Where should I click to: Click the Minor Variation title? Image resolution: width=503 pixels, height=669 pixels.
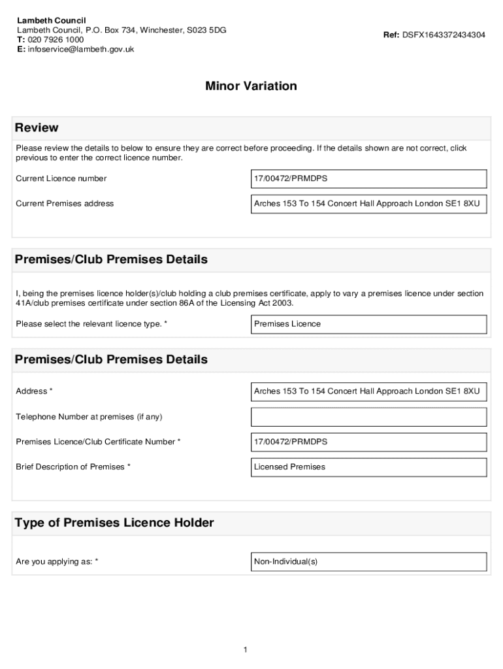(251, 86)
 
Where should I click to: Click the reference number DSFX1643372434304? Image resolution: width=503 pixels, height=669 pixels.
(443, 35)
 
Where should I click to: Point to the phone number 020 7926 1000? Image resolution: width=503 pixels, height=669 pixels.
(56, 39)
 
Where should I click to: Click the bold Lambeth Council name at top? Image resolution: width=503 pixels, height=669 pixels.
(51, 20)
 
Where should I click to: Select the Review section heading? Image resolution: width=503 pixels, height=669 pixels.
(37, 127)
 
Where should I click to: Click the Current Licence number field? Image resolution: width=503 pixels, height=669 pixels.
(368, 178)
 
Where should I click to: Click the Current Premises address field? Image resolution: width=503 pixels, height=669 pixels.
(368, 204)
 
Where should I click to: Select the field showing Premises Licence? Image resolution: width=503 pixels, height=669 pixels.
(368, 324)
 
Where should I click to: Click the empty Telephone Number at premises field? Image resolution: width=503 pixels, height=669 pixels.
(368, 417)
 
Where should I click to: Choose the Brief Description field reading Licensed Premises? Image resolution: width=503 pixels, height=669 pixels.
(368, 467)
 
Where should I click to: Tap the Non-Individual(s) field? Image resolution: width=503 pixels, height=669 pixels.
(368, 562)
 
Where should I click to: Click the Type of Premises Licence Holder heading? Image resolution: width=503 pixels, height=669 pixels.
(114, 523)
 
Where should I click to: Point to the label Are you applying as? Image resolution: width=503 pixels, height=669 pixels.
(57, 562)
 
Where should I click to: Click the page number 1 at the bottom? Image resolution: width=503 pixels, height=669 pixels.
(244, 649)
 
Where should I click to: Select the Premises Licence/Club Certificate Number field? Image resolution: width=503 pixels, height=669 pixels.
(368, 442)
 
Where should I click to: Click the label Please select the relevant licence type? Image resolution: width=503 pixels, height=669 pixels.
(91, 324)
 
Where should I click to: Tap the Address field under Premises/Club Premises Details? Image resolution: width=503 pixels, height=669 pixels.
(368, 391)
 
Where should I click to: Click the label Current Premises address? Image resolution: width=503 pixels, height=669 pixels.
(65, 204)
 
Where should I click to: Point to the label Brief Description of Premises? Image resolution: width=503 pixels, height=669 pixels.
(73, 467)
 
